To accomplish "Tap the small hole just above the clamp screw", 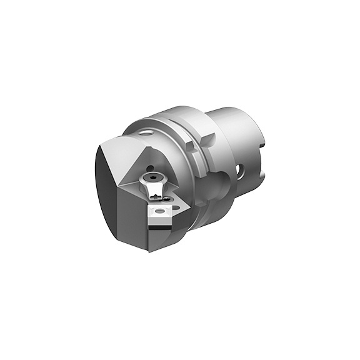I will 150,167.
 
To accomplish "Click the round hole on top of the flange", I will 146,132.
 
